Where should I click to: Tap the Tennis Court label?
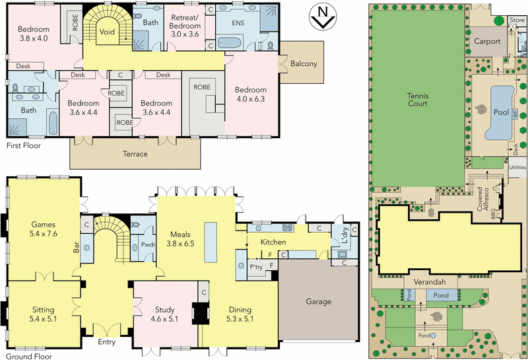click(417, 99)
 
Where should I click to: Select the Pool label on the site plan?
click(501, 112)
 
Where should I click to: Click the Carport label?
click(487, 42)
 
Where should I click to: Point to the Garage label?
click(318, 302)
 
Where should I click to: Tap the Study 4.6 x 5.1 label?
click(164, 314)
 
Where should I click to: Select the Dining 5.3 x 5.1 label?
click(240, 314)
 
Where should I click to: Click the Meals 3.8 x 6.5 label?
click(180, 238)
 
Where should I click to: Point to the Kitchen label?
click(272, 243)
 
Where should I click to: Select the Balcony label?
click(304, 64)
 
